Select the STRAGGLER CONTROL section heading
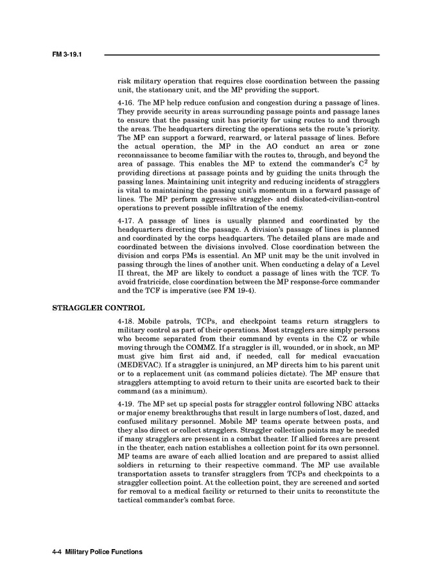98,307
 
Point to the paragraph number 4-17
126,220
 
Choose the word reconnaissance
149,155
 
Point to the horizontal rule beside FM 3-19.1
241,55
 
